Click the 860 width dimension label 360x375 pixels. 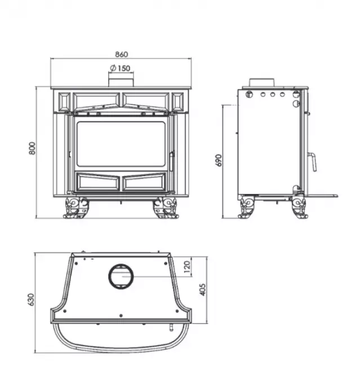[x=121, y=55]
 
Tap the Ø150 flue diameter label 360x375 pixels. [x=119, y=68]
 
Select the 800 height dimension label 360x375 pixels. [x=32, y=149]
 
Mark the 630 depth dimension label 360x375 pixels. [x=32, y=299]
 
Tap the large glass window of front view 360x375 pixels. [x=121, y=144]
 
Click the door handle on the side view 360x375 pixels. [x=312, y=160]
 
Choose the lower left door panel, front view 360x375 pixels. [x=97, y=182]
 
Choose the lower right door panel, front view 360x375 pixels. [x=144, y=182]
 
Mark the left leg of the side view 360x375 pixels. [x=247, y=207]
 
